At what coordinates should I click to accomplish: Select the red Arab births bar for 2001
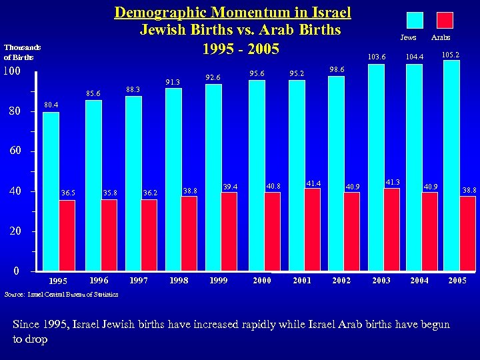tap(313, 230)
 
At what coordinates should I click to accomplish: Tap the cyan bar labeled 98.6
tap(336, 173)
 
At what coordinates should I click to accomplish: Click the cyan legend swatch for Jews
tap(415, 21)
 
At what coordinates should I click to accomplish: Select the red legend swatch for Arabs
tap(445, 21)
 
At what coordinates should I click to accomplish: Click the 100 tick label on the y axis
tap(15, 71)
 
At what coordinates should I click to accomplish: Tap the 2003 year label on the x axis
tap(381, 281)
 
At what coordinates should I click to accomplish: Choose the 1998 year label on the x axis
tap(178, 281)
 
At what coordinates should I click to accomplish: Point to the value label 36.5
tap(68, 193)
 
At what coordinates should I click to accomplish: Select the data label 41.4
tap(314, 183)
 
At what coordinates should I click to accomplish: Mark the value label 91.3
tap(173, 83)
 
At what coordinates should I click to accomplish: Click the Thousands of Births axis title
tap(23, 52)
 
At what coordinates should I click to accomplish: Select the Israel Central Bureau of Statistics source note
tap(61, 294)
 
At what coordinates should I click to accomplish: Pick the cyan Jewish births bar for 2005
tap(452, 166)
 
